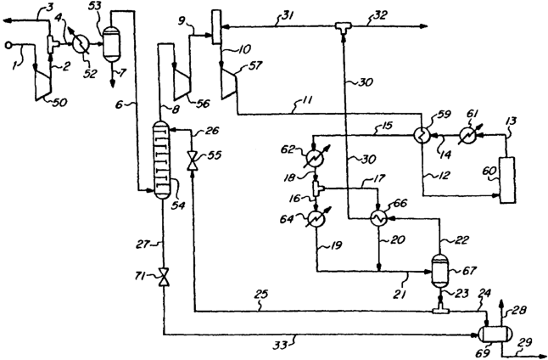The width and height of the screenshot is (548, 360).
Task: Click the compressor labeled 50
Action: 43,83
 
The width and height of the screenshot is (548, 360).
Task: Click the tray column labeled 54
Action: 161,160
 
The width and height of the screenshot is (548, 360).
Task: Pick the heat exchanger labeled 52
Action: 81,44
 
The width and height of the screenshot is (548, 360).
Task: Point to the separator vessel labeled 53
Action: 111,44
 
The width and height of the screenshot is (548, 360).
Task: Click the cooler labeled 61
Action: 468,135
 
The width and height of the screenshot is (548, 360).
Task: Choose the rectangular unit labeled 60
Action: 507,180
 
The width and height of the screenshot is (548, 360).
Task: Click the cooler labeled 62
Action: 315,158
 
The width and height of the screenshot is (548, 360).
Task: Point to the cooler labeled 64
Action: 316,219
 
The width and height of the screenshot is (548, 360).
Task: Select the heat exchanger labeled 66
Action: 378,219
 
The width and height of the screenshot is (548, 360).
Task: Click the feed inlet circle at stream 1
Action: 8,45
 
